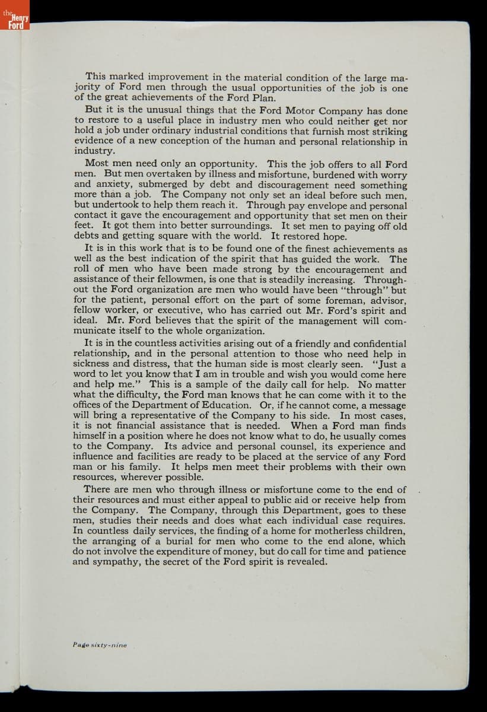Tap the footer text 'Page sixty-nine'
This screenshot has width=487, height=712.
[100, 644]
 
